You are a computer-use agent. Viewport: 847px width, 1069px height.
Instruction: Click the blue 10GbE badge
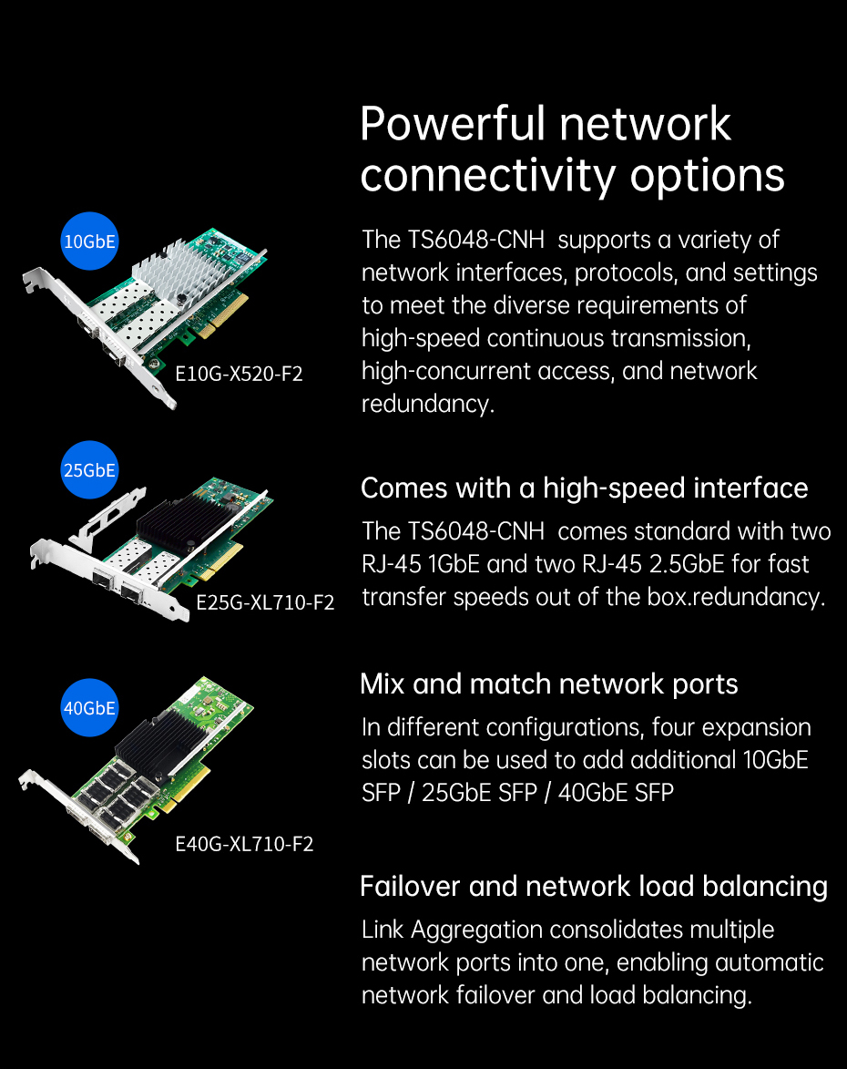(89, 241)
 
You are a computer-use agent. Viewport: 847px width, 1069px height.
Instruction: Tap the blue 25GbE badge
(89, 469)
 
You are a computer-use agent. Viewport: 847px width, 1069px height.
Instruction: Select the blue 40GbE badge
(89, 708)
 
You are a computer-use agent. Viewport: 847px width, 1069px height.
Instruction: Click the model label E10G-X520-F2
(239, 374)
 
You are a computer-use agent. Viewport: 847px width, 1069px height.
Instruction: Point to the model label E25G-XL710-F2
(265, 602)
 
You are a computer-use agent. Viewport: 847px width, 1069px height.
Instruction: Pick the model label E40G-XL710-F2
(244, 844)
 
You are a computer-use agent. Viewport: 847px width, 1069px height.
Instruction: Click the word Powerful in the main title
(453, 124)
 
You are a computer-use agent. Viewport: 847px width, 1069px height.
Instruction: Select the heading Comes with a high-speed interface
(584, 488)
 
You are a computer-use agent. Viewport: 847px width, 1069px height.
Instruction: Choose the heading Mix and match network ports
(548, 684)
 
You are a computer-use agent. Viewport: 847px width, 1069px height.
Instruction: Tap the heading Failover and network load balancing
(594, 887)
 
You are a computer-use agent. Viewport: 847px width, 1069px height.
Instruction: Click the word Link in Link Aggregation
(383, 930)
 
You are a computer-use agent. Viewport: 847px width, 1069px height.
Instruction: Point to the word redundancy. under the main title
(427, 405)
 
